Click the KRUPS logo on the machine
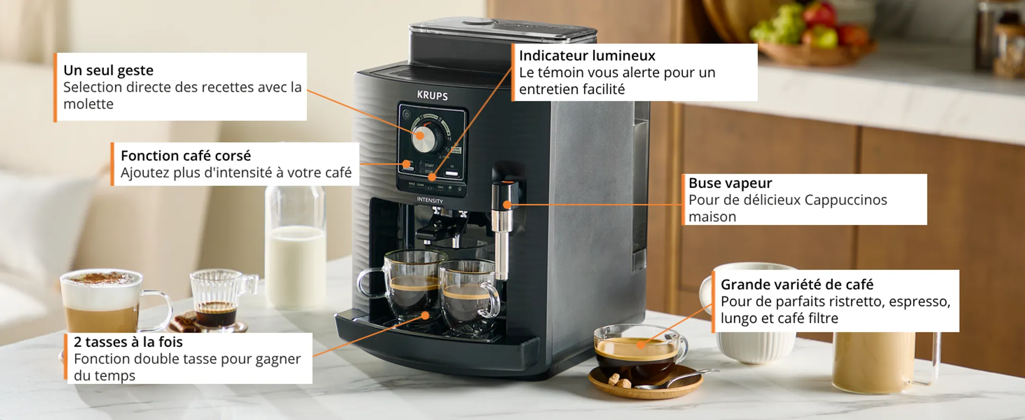(x=432, y=95)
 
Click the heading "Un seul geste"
(x=108, y=70)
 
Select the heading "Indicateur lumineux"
(x=587, y=56)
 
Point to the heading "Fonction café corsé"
(x=186, y=156)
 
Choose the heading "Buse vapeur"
(x=730, y=183)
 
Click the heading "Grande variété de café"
(x=797, y=284)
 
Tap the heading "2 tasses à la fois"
(x=128, y=342)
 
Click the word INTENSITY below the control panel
(x=430, y=200)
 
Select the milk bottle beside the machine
(x=295, y=247)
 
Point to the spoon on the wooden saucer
(x=679, y=380)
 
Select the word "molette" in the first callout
(x=88, y=104)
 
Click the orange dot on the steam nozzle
(x=507, y=205)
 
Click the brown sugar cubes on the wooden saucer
(x=617, y=381)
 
